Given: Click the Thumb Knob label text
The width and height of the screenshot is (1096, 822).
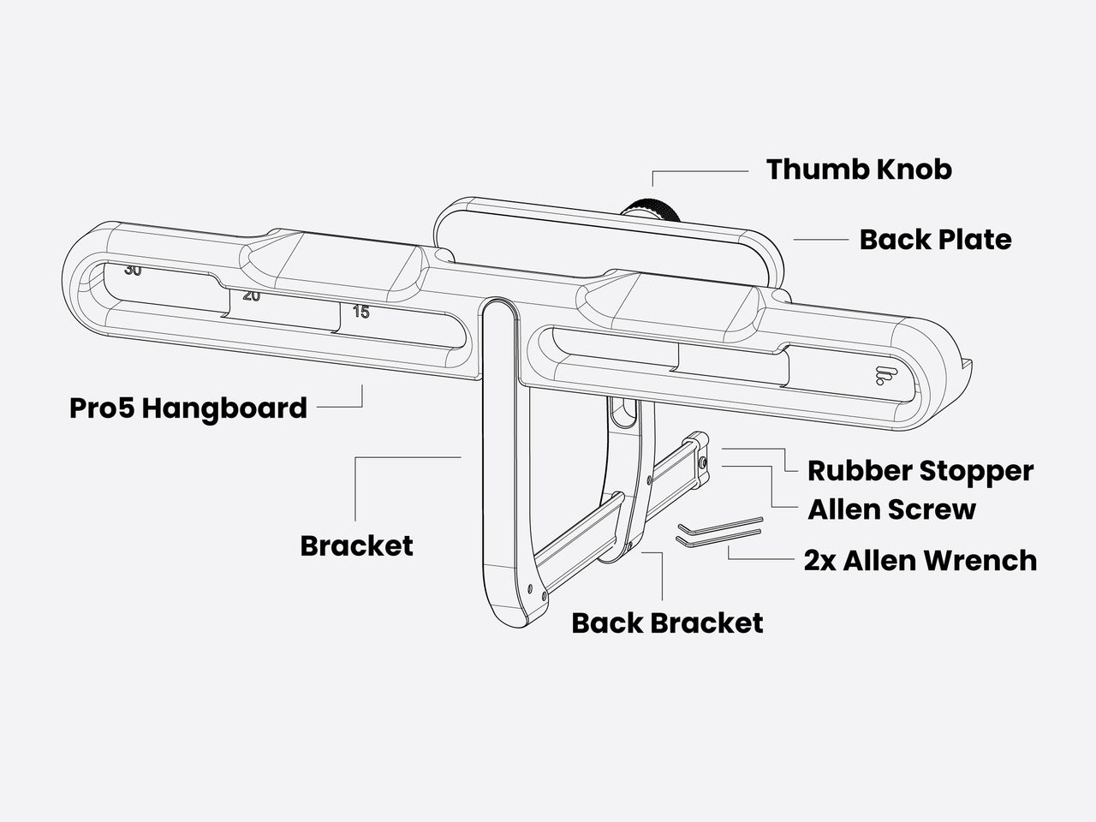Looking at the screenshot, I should pyautogui.click(x=859, y=170).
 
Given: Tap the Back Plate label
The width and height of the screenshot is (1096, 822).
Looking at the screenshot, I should pyautogui.click(x=935, y=240).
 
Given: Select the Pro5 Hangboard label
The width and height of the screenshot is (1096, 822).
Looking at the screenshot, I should pyautogui.click(x=188, y=408).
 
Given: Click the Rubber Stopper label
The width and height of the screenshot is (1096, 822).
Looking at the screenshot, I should pyautogui.click(x=920, y=471).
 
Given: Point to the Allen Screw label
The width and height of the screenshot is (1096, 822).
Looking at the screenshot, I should pyautogui.click(x=891, y=509).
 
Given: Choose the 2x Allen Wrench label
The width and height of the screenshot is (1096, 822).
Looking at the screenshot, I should pyautogui.click(x=920, y=561).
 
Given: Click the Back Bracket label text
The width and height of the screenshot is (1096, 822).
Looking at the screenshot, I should pyautogui.click(x=667, y=622).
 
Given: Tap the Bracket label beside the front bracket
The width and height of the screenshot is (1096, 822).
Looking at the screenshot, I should pyautogui.click(x=356, y=545).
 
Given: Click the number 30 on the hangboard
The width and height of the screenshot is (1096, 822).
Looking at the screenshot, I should pyautogui.click(x=133, y=271).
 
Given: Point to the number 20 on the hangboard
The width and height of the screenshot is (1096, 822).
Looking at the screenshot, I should pyautogui.click(x=251, y=295).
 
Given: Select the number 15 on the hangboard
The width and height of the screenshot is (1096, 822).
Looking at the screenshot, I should pyautogui.click(x=361, y=313).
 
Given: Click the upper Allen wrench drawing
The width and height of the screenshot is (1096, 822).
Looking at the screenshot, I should pyautogui.click(x=719, y=524).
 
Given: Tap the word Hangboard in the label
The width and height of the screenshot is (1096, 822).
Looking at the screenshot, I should pyautogui.click(x=224, y=408).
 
